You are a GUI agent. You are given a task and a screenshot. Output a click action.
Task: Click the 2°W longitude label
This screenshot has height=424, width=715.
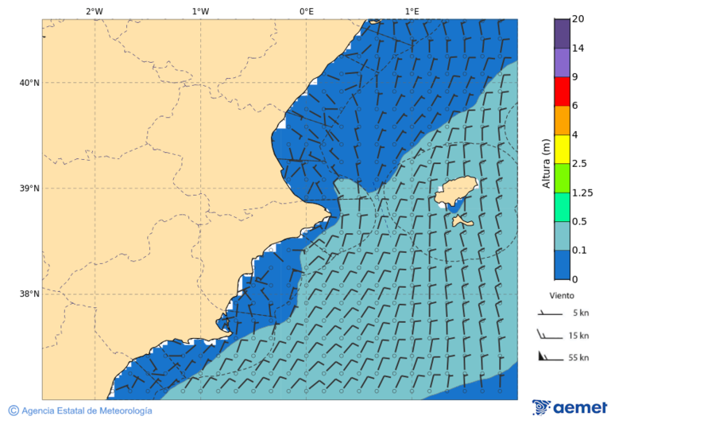click(x=94, y=11)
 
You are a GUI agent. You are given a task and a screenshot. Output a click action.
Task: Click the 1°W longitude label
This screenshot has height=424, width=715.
click(x=200, y=11)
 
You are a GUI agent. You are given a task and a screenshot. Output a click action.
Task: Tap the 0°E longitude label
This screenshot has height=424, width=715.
click(x=306, y=11)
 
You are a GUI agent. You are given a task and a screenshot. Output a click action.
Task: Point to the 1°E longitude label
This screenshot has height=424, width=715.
click(x=412, y=11)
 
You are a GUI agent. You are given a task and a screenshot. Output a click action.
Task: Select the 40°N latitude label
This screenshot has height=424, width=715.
click(x=29, y=83)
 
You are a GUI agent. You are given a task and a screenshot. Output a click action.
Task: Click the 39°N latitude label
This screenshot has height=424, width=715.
click(x=29, y=189)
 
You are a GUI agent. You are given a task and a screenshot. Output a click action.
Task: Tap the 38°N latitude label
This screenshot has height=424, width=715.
click(x=29, y=294)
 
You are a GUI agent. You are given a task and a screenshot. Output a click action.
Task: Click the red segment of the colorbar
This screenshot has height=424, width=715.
click(x=562, y=91)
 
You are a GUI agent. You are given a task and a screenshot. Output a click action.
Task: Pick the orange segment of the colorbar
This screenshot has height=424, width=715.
click(x=562, y=120)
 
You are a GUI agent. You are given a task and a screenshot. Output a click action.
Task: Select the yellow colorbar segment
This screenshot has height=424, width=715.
click(x=562, y=150)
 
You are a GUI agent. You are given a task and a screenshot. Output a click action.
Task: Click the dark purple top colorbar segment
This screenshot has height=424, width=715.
click(x=562, y=33)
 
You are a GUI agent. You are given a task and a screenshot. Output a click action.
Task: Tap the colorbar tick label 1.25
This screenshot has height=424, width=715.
click(x=583, y=193)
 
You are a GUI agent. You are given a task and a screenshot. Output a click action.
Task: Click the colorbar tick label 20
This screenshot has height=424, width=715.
click(x=578, y=19)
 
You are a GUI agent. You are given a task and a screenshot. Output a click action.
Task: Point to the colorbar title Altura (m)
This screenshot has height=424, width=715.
click(x=546, y=163)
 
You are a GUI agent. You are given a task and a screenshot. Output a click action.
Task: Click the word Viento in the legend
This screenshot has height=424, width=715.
click(x=562, y=295)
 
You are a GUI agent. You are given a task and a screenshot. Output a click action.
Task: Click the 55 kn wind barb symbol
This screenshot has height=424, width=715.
click(x=550, y=356)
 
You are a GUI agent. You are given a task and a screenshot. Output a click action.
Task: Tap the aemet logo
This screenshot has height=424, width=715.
click(x=570, y=408)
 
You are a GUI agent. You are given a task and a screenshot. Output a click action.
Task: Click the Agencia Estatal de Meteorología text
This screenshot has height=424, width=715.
click(x=86, y=411)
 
